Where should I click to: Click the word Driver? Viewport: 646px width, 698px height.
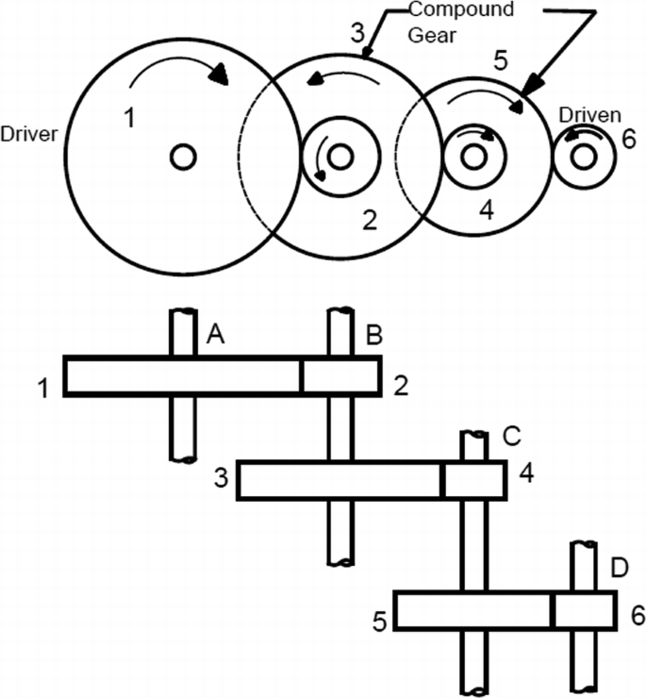pos(29,134)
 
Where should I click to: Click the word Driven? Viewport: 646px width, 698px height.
pos(590,115)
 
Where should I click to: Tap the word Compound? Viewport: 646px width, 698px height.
pos(461,9)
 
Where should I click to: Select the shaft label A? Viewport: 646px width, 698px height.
pos(215,334)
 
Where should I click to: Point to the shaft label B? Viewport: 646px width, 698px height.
pos(374,335)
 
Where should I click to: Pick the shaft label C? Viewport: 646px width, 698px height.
pos(512,437)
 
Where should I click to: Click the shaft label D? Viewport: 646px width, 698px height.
pos(620,568)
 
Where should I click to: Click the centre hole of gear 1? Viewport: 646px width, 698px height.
pos(184,158)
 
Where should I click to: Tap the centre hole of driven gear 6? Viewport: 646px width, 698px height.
pos(585,157)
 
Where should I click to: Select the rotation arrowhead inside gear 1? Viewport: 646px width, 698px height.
pos(220,75)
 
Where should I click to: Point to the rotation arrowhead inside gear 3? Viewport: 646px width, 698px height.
pos(316,78)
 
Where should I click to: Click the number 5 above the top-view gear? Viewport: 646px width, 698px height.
pos(501,60)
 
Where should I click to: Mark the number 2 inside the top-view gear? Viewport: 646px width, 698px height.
pos(370,220)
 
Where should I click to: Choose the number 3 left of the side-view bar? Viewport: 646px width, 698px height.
pos(221,478)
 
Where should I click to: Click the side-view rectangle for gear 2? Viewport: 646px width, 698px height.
pos(341,376)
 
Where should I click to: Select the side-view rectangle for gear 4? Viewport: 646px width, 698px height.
pos(474,480)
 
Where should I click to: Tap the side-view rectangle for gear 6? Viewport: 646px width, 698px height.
pos(585,610)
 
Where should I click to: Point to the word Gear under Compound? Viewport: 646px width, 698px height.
pos(432,35)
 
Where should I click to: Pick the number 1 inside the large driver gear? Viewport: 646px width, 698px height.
pos(129,119)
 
